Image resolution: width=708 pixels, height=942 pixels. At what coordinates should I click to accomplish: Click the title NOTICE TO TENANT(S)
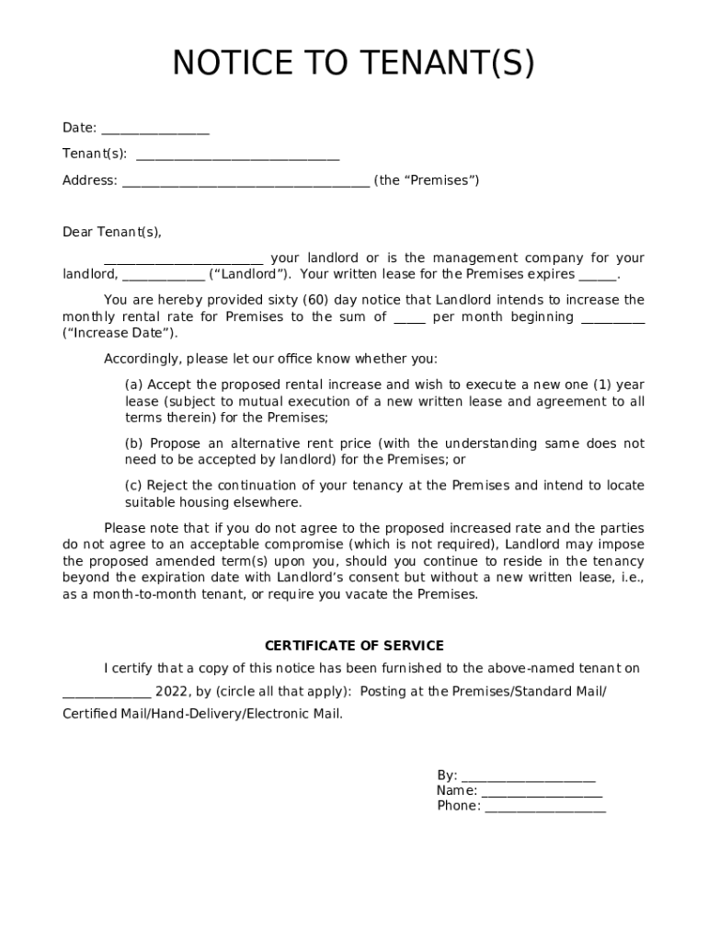pos(353,64)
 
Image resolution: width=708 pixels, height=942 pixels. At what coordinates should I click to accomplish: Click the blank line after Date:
pos(155,130)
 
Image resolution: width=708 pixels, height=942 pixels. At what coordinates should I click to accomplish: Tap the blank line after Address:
pos(246,182)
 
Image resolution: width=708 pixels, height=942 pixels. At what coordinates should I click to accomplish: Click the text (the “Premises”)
pos(427,180)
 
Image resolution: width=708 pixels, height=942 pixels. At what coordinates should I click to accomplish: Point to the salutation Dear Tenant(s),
pos(111,232)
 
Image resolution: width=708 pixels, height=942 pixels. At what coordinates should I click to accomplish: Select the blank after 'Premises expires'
pos(598,276)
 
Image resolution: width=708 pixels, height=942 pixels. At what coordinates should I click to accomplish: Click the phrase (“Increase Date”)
pos(120,333)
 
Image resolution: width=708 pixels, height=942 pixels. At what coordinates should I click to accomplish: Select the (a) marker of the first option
pos(134,385)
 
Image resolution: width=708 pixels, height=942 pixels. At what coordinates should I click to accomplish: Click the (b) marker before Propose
pos(134,443)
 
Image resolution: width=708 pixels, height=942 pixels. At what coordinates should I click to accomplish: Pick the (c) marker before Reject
pos(134,486)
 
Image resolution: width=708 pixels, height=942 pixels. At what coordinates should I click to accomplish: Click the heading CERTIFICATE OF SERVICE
pos(354,646)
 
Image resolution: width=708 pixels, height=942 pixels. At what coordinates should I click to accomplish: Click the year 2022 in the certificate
pos(171,691)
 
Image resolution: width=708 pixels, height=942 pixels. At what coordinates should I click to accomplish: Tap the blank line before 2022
pos(107,693)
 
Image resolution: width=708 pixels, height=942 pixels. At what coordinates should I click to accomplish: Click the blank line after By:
pos(528,777)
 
